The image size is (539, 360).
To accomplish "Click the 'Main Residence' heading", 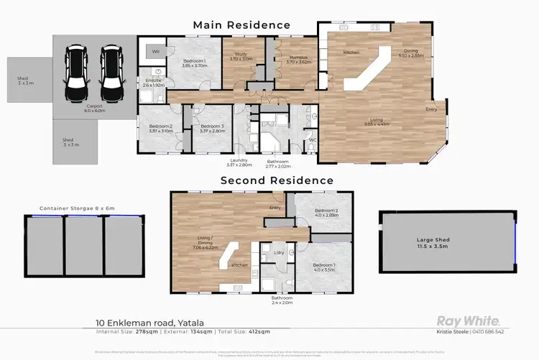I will [241, 25].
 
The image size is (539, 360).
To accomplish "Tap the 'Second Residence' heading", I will [277, 180].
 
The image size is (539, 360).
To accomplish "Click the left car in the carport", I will [76, 74].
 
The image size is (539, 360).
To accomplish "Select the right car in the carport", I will [111, 74].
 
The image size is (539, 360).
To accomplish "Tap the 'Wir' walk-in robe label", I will [155, 51].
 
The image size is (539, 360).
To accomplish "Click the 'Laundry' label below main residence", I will [240, 161].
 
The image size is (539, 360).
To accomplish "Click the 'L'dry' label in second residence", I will [280, 254].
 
